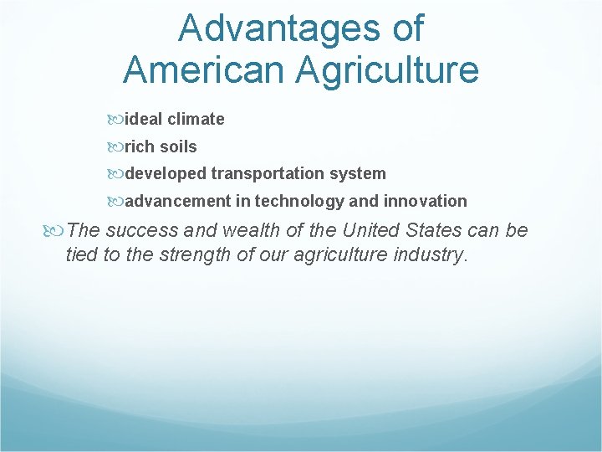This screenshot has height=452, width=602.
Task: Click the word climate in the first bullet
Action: (196, 119)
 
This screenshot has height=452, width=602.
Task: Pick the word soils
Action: (178, 146)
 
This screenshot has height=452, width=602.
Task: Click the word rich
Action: (140, 146)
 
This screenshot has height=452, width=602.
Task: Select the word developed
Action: (166, 174)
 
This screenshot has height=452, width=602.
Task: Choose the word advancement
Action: (177, 201)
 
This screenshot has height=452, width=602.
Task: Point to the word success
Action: (139, 230)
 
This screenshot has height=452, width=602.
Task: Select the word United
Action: (368, 230)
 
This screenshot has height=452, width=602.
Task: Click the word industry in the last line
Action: (428, 254)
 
